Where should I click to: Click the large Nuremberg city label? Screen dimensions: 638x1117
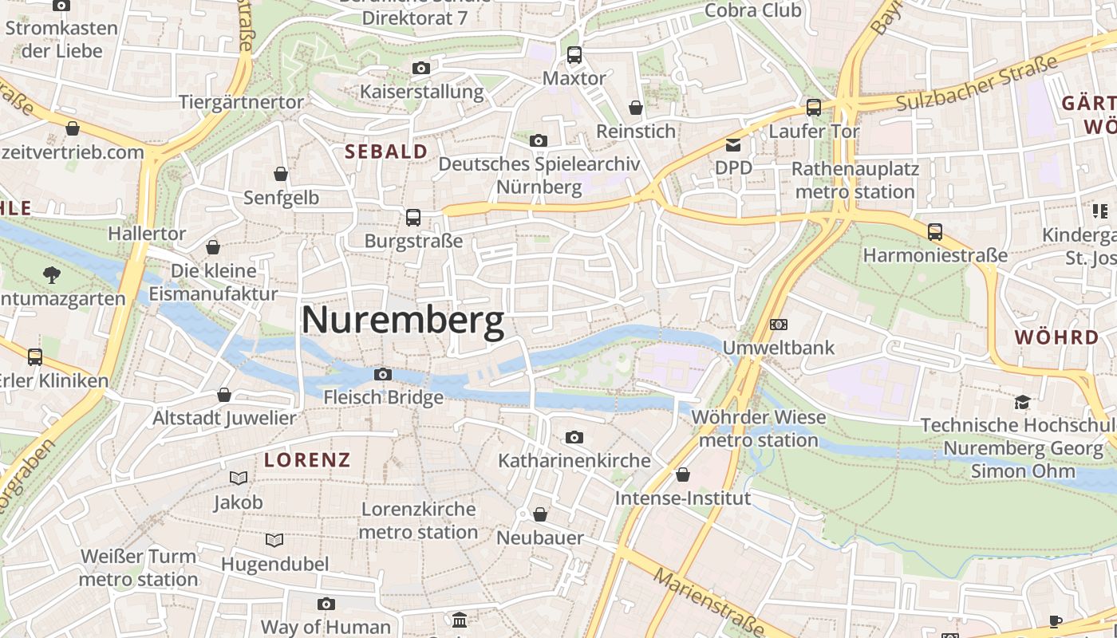click(403, 321)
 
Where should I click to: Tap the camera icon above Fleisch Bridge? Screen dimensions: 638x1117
click(383, 374)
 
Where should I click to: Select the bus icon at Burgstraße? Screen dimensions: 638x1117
click(413, 217)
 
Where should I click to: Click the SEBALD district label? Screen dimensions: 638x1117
click(386, 152)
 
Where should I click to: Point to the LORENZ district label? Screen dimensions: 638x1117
click(307, 460)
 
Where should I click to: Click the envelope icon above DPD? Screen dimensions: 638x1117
click(732, 145)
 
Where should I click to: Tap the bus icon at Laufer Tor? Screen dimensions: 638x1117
click(814, 107)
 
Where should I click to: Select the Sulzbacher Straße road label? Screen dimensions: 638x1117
click(977, 83)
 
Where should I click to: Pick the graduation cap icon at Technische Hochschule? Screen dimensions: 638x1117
click(1022, 401)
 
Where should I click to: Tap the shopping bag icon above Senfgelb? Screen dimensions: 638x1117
click(281, 174)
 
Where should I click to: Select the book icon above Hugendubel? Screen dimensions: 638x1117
click(274, 541)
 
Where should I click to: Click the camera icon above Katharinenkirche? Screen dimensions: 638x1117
click(574, 437)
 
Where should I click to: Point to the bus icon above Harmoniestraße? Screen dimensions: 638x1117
click(935, 232)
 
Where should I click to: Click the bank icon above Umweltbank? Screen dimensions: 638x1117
click(778, 325)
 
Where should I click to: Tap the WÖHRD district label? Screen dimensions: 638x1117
click(1056, 337)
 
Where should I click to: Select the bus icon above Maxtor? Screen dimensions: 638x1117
click(574, 55)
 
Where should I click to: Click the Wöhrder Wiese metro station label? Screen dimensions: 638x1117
click(758, 428)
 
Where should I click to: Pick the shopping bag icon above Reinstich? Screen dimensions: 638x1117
click(636, 108)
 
